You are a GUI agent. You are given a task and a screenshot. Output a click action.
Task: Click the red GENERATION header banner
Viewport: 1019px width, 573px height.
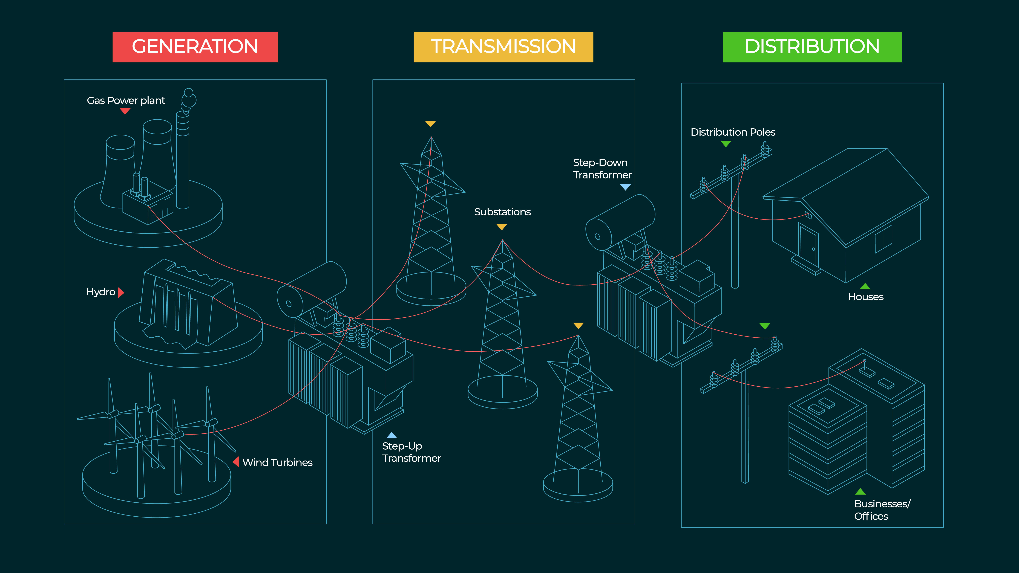tap(195, 47)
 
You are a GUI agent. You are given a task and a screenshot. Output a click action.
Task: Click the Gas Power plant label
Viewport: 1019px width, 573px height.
tap(126, 100)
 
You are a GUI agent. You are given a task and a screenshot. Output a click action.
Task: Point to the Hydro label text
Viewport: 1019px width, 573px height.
tap(100, 292)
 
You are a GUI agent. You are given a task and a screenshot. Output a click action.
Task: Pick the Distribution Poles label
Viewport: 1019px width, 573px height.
tap(733, 132)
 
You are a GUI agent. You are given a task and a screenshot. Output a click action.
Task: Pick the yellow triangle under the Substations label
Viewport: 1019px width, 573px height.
tap(502, 227)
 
